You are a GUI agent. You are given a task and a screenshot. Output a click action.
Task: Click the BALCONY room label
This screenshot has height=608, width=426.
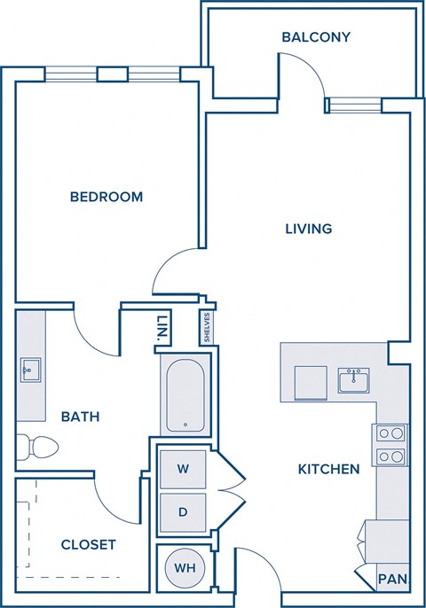click(316, 37)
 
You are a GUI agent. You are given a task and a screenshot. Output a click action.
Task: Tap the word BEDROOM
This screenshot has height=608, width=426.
click(106, 197)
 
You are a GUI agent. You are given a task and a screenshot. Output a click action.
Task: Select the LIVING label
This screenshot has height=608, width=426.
click(308, 229)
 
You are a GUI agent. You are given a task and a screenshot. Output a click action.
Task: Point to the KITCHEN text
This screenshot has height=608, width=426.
click(328, 469)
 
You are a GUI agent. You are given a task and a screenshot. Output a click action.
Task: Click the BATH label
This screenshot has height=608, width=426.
click(80, 416)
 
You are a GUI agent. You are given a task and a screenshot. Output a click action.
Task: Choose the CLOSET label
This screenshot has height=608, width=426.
click(88, 544)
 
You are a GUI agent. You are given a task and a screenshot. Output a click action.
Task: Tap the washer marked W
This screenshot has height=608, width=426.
click(183, 467)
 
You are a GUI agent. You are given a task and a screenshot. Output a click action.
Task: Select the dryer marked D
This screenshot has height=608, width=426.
click(183, 511)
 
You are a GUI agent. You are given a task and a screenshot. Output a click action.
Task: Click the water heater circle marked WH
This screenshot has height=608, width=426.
click(185, 567)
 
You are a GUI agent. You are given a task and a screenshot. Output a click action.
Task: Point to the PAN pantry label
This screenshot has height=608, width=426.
click(392, 580)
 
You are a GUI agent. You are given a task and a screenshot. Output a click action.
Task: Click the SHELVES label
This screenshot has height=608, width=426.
click(206, 327)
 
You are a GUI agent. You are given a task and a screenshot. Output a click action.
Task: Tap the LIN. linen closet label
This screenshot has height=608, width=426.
click(162, 328)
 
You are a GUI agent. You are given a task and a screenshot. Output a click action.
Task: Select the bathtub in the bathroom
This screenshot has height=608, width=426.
click(185, 394)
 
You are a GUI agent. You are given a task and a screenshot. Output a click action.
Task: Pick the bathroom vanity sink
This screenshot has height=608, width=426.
click(31, 369)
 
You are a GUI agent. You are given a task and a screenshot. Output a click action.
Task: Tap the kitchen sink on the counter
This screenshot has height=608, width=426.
click(354, 381)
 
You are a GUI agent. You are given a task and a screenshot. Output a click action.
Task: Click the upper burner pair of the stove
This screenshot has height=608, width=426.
click(391, 433)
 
